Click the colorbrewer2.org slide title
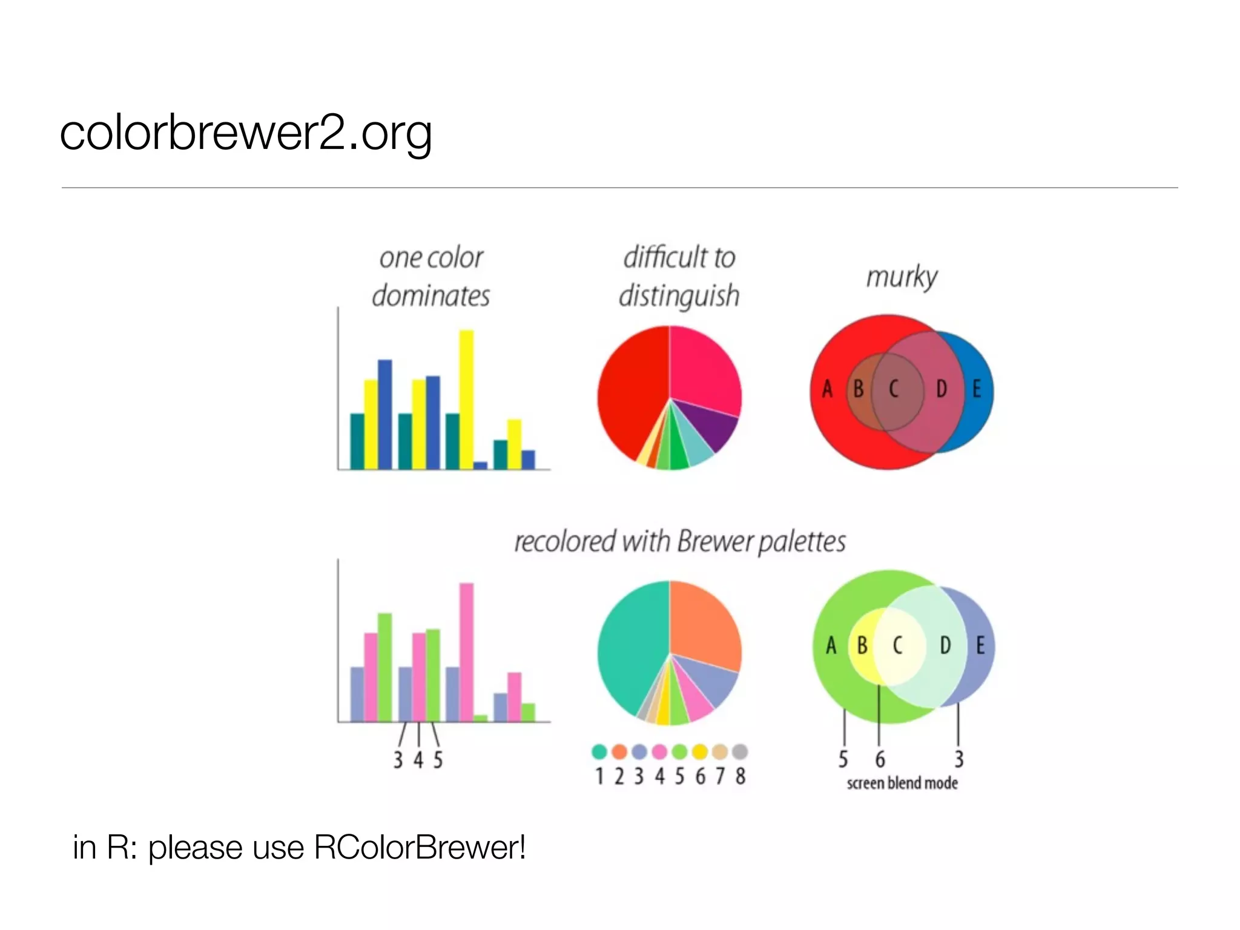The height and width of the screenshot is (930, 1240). tap(245, 133)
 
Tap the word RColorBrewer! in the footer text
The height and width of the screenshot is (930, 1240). tap(420, 847)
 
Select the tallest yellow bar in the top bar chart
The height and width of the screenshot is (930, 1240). tap(466, 400)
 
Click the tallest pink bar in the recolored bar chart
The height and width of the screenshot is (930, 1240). tap(466, 652)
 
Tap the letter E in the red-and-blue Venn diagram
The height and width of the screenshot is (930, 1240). tap(976, 389)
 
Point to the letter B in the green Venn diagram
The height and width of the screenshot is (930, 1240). tap(862, 645)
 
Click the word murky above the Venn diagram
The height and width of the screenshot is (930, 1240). tap(902, 278)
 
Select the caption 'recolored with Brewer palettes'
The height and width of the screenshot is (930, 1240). tap(679, 542)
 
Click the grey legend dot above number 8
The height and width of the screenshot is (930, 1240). tap(739, 752)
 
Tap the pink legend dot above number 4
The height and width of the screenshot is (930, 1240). tap(659, 752)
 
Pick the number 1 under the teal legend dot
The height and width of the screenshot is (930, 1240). tap(599, 776)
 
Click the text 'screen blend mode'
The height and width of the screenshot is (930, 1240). tap(902, 783)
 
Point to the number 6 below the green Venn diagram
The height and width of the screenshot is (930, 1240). tap(880, 759)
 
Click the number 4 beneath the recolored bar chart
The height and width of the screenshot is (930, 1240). tap(418, 760)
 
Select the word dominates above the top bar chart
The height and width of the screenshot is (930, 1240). tap(430, 297)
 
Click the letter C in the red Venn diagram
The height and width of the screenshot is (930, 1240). tap(894, 389)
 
